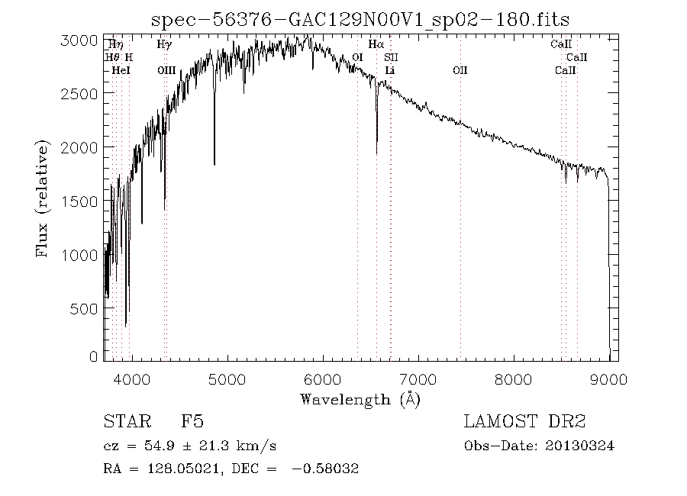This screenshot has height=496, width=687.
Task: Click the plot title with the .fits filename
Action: coord(360,20)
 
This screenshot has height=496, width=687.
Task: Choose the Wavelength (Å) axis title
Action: coord(360,399)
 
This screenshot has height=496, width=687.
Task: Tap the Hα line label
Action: coord(376,45)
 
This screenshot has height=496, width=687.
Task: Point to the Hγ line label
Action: coord(164,45)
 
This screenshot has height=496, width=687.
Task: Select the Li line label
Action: coord(389,71)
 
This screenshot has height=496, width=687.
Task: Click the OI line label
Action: coord(357,58)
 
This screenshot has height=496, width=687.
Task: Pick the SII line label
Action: coord(391,58)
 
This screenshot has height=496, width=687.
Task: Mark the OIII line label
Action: coord(166,71)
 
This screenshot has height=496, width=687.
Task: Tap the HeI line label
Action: coord(121,71)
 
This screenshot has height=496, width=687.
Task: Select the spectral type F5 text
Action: coord(192,421)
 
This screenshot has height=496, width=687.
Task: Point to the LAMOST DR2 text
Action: coord(524,421)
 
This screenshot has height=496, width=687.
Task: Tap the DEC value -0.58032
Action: coord(325,468)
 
